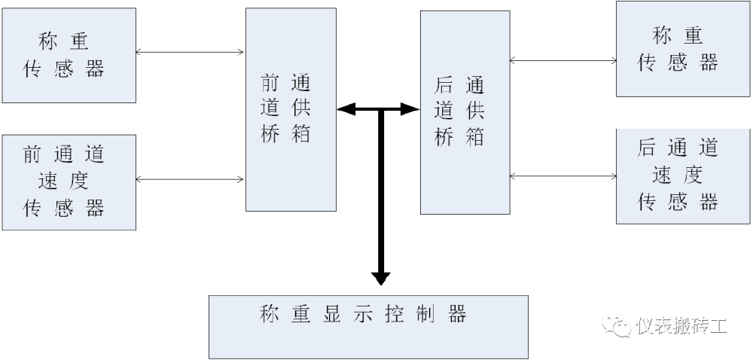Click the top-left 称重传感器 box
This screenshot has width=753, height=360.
69,55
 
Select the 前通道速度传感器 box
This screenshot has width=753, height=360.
69,182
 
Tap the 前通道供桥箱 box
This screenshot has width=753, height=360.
291,110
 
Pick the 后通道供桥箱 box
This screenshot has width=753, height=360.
464,113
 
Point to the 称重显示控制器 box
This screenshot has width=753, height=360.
368,326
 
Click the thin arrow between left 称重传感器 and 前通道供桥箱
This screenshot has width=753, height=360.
191,52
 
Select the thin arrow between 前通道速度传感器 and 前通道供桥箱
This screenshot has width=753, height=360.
191,179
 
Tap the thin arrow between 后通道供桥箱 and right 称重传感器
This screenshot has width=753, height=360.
562,59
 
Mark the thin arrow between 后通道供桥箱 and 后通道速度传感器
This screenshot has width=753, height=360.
562,176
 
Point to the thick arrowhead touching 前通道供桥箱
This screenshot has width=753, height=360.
346,110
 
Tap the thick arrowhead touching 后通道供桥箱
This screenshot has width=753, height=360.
410,110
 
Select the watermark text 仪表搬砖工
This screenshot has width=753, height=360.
682,326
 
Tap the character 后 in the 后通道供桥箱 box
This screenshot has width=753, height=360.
444,84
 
